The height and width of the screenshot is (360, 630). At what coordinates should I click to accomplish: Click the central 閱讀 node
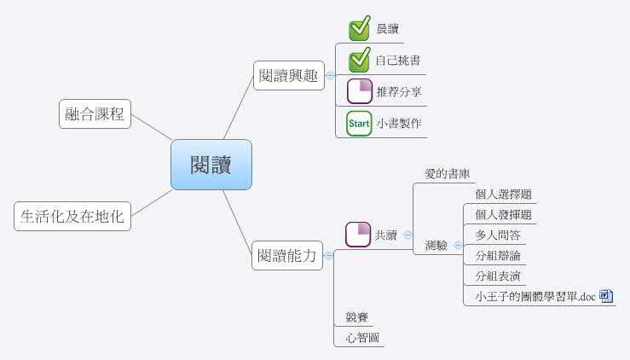pyautogui.click(x=211, y=165)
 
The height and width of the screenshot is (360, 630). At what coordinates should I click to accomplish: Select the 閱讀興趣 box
pyautogui.click(x=289, y=75)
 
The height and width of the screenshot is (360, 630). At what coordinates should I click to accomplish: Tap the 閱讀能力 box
pyautogui.click(x=287, y=255)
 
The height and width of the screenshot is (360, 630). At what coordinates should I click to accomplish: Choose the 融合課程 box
pyautogui.click(x=95, y=113)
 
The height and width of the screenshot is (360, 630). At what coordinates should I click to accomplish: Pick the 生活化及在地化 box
pyautogui.click(x=72, y=217)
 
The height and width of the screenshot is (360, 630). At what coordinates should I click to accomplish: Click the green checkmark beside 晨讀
pyautogui.click(x=360, y=28)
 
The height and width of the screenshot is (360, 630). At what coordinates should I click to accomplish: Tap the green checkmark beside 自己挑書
pyautogui.click(x=360, y=60)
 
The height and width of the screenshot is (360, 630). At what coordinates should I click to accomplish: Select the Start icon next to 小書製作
pyautogui.click(x=359, y=124)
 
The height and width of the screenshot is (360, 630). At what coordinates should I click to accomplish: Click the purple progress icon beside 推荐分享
pyautogui.click(x=360, y=91)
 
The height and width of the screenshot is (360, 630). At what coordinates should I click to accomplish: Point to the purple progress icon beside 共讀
pyautogui.click(x=358, y=235)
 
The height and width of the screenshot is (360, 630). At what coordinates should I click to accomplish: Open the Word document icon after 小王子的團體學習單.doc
pyautogui.click(x=606, y=296)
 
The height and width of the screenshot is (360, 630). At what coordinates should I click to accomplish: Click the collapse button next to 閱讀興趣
pyautogui.click(x=330, y=76)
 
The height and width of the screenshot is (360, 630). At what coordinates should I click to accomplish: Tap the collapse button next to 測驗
pyautogui.click(x=458, y=245)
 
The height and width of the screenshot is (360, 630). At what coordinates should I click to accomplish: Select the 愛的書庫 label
pyautogui.click(x=448, y=174)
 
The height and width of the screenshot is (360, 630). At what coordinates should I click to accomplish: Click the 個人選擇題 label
pyautogui.click(x=504, y=195)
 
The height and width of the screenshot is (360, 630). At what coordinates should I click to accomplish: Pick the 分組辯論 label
pyautogui.click(x=498, y=255)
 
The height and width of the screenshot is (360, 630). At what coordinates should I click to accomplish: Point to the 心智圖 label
pyautogui.click(x=362, y=338)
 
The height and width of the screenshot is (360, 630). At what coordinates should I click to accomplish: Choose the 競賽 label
pyautogui.click(x=357, y=317)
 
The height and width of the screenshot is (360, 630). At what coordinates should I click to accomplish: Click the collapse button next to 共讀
pyautogui.click(x=407, y=235)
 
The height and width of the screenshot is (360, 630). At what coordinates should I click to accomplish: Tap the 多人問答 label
pyautogui.click(x=498, y=235)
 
